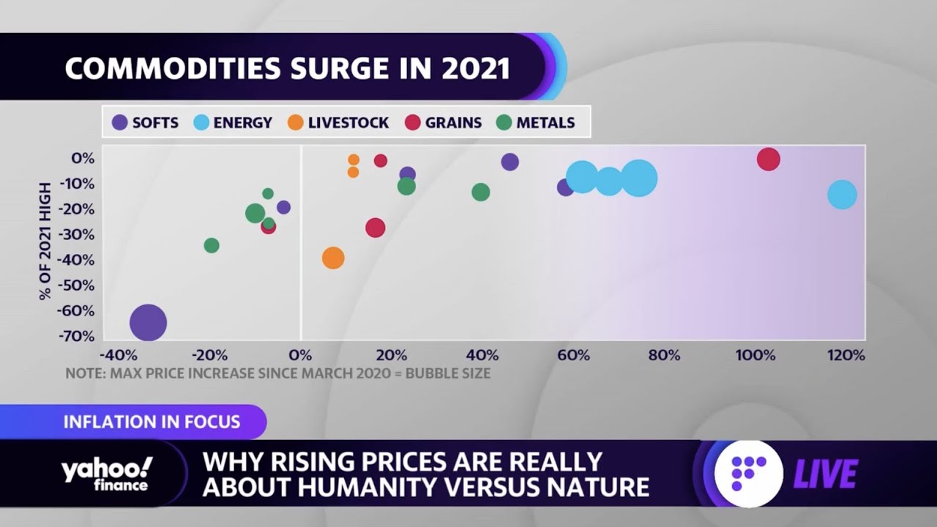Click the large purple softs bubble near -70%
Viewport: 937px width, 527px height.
coord(149,323)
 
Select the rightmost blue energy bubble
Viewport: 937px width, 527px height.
coord(842,195)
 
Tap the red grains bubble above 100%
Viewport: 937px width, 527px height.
coord(768,159)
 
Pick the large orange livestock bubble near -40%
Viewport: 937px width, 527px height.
coord(333,258)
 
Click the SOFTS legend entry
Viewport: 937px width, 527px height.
coord(145,123)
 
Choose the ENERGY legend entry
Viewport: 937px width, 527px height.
coord(232,123)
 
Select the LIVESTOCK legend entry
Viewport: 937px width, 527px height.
coord(338,123)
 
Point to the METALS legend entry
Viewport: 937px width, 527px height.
coord(535,123)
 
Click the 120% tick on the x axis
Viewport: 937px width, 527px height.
coord(846,356)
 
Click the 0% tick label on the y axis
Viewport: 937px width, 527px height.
coord(83,158)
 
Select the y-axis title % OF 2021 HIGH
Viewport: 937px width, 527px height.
coord(45,241)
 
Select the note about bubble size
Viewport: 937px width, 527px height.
coord(277,373)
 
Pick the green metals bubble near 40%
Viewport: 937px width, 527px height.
coord(481,193)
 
